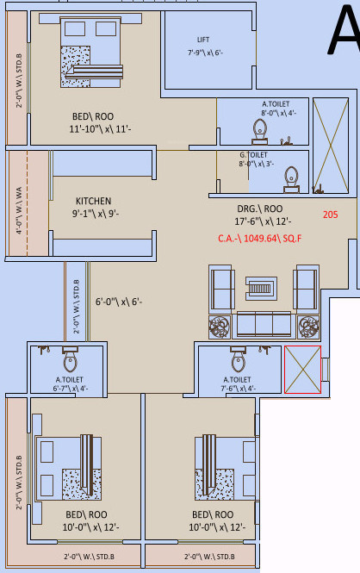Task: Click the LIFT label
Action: coord(203,40)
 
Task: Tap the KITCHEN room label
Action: coord(94,201)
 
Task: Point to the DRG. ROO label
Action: coord(260,209)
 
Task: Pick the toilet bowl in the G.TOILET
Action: coord(292,177)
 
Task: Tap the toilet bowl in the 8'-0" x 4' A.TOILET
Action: coord(259,130)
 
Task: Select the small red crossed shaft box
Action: coord(302,369)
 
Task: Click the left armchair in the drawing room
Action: coord(223,287)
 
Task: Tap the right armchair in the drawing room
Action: coord(307,287)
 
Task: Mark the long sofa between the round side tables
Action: coord(264,325)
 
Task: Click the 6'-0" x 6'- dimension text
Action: coord(118,302)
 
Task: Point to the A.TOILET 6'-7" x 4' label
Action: coord(70,383)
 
